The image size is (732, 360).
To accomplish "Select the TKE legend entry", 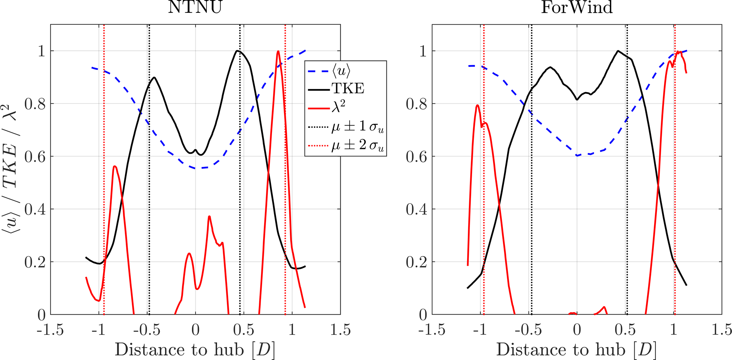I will click(x=347, y=88).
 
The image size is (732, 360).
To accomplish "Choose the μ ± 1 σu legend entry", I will click(x=357, y=127).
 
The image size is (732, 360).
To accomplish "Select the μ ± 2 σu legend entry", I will click(x=357, y=146).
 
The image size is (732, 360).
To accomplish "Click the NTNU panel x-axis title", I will click(x=195, y=350).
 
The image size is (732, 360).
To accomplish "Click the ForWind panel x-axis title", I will click(x=577, y=350).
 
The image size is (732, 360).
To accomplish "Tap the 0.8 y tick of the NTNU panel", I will click(x=35, y=104).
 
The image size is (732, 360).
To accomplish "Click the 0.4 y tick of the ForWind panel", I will click(x=416, y=209).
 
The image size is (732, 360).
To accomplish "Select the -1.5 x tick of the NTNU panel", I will click(x=50, y=330).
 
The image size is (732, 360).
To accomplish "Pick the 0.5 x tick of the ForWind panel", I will click(x=625, y=330).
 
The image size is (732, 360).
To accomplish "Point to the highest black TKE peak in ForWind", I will click(x=618, y=51).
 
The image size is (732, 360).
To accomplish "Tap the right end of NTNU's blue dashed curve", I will click(x=305, y=51).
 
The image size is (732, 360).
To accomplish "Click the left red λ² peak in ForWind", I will click(x=477, y=105).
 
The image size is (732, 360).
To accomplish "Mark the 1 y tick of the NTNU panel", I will click(x=41, y=51).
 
